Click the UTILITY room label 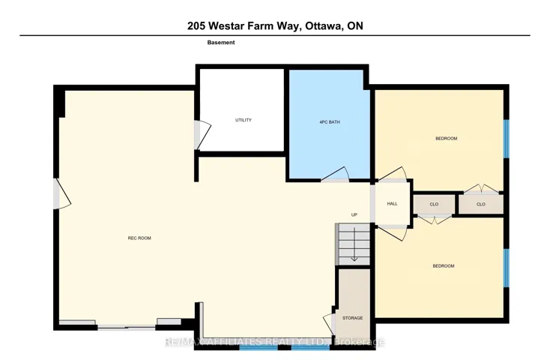point(244,120)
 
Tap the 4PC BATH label point(330,122)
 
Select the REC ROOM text point(139,238)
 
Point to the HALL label point(392,204)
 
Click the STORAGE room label point(352,318)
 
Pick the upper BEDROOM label point(446,139)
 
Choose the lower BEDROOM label point(444,266)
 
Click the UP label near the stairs point(354,214)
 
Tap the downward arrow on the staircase point(354,244)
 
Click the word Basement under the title point(221,43)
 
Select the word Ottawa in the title point(324,26)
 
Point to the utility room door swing point(204,135)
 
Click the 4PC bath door point(336,175)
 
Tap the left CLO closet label point(434,204)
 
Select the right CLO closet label point(481,204)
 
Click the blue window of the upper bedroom point(506,139)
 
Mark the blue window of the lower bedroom point(506,268)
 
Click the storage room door point(330,324)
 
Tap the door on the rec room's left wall point(61,194)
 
